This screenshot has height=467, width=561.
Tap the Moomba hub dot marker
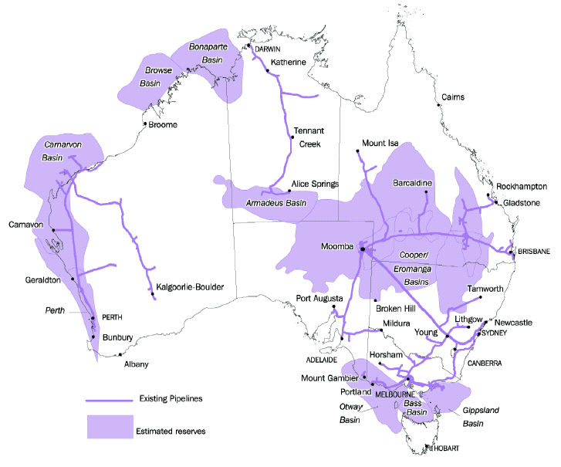coord(363,249)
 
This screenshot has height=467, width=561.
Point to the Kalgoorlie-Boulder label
coord(190,287)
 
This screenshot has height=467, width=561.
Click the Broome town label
coord(164,125)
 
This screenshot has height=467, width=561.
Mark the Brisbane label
coord(534,252)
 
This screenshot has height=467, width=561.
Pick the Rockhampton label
coord(522,187)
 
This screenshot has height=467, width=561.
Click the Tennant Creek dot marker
coord(291,137)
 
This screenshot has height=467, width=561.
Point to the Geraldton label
coord(42,281)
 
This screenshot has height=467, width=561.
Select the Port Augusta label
coord(319,298)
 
